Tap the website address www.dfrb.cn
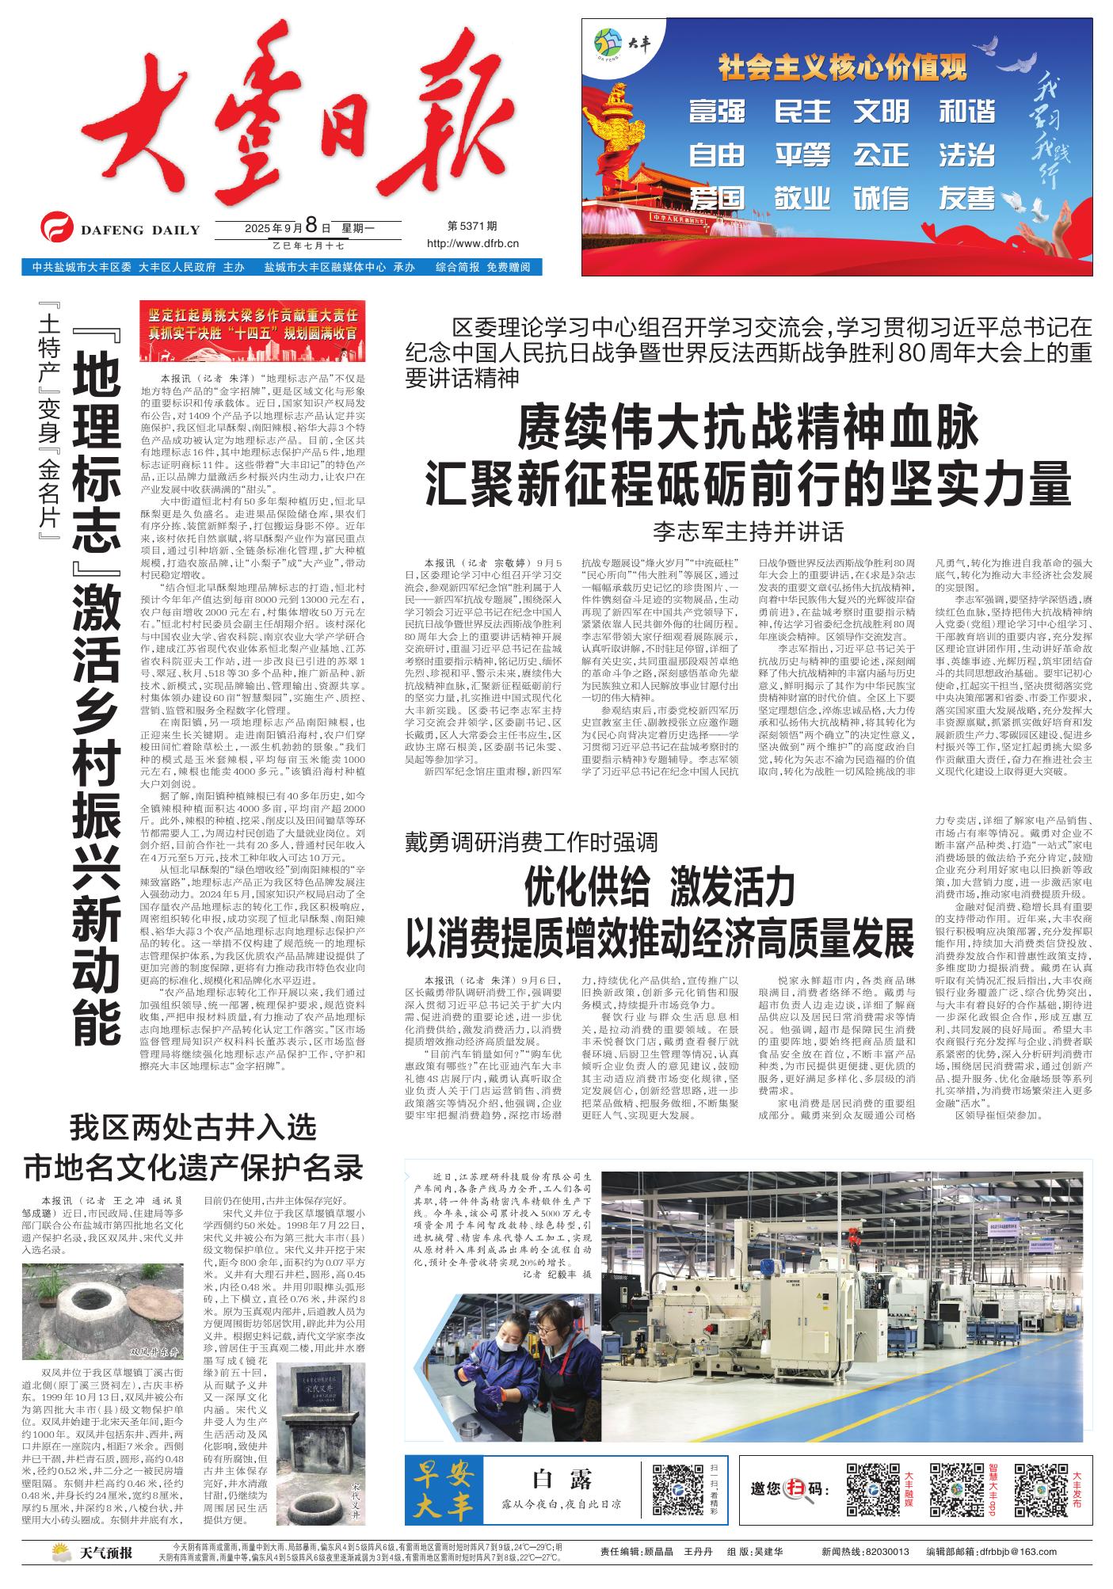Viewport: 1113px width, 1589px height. pyautogui.click(x=473, y=244)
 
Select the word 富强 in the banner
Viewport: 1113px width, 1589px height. pyautogui.click(x=717, y=111)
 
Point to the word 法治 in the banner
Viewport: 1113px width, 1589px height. pyautogui.click(x=966, y=154)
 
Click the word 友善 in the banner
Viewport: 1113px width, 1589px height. pyautogui.click(x=966, y=197)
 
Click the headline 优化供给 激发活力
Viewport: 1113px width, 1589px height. pyautogui.click(x=659, y=886)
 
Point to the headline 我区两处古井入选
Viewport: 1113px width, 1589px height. pyautogui.click(x=192, y=1126)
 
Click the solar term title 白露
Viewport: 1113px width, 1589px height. pyautogui.click(x=562, y=1478)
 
